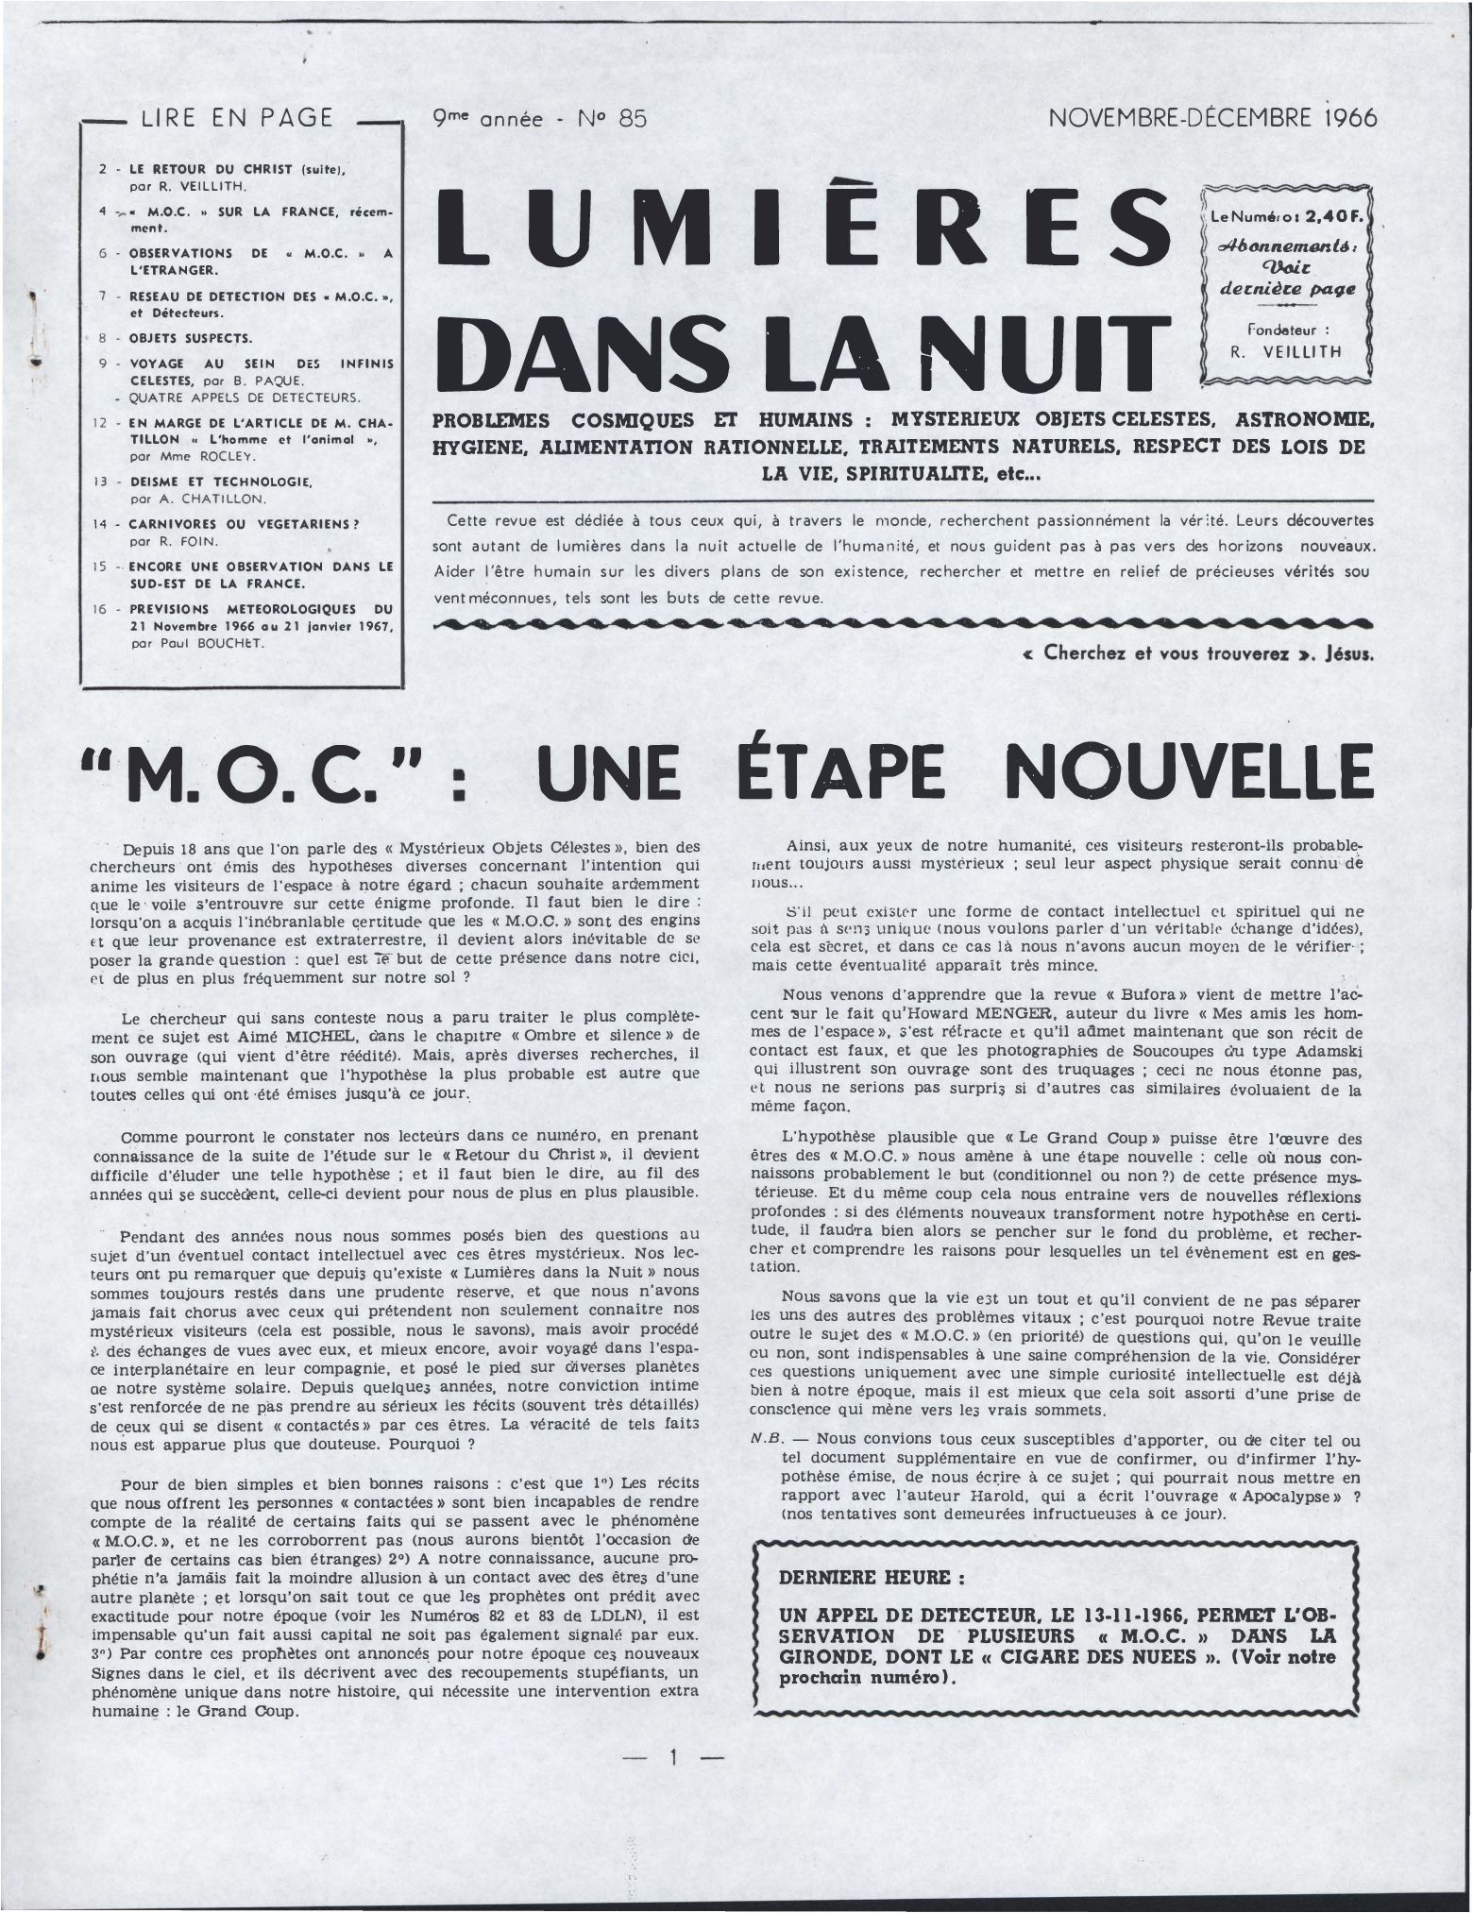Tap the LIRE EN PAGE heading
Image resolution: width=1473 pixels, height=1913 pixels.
click(x=237, y=118)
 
